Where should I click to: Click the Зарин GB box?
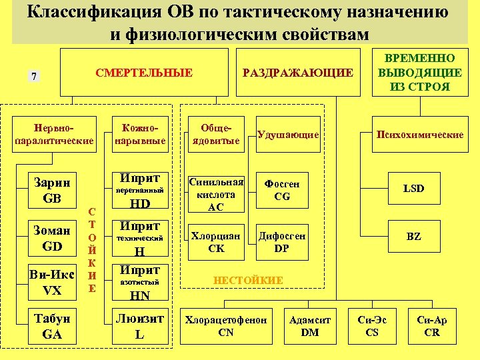coord(52,190)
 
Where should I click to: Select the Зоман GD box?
coord(52,239)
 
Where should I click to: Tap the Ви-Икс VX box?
coord(52,283)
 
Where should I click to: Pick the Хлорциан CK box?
coord(216,241)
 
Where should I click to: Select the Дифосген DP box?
coord(282,241)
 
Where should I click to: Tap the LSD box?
coord(414,189)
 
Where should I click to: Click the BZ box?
coord(414,237)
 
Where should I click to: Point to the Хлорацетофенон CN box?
coord(226,326)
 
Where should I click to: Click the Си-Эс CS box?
coord(372,326)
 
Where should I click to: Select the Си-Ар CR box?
coord(432,326)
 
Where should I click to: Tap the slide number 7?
coord(33,76)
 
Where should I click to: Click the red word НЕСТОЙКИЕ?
coord(247,281)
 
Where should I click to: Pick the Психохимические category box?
coord(420,135)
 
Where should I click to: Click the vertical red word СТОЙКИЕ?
coord(92,248)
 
